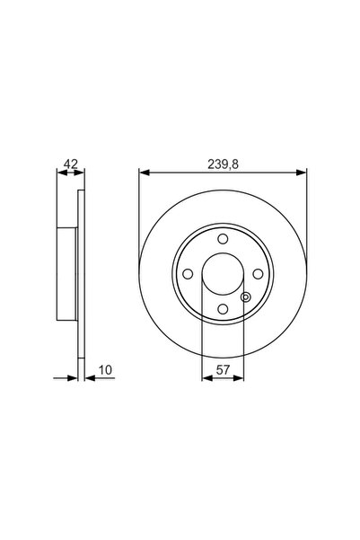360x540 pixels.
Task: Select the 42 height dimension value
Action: (x=68, y=164)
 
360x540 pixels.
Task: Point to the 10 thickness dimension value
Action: (x=106, y=368)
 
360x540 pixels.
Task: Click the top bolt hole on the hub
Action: (x=221, y=239)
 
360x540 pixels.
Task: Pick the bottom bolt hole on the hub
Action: (x=221, y=310)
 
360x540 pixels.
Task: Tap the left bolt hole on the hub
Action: (x=186, y=275)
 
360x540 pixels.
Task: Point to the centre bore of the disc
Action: (x=221, y=275)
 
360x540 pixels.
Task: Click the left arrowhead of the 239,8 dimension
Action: (x=143, y=173)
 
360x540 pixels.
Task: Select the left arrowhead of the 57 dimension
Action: (x=206, y=378)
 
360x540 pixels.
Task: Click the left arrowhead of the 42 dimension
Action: (x=60, y=173)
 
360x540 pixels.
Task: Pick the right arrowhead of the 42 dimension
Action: (x=79, y=173)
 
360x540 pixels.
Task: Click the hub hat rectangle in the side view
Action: (x=67, y=275)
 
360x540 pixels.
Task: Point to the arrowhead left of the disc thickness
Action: (x=75, y=378)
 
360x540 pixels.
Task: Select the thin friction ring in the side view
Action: (x=82, y=275)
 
